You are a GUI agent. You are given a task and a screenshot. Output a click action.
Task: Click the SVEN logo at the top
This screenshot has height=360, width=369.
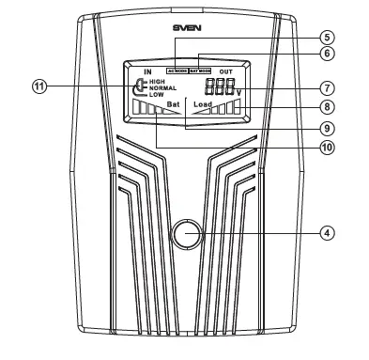click(x=187, y=28)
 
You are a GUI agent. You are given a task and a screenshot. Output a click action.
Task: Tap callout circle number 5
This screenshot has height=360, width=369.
click(x=327, y=38)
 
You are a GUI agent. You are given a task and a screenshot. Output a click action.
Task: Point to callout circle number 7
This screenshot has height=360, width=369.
click(x=327, y=87)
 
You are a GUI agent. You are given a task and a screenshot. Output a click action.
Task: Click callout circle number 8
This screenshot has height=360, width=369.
click(x=327, y=107)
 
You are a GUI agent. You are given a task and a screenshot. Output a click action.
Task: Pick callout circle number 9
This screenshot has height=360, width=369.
click(x=327, y=128)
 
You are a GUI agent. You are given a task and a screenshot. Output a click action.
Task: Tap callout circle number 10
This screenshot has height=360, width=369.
click(x=327, y=147)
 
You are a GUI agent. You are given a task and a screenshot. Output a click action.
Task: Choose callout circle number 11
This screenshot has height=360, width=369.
click(x=38, y=86)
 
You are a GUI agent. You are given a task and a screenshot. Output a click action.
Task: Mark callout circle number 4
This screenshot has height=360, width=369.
click(x=327, y=231)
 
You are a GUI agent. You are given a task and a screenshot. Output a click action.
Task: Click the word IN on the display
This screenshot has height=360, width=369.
click(x=147, y=70)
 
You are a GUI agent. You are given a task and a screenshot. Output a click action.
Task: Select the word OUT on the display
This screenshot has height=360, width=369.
click(x=226, y=70)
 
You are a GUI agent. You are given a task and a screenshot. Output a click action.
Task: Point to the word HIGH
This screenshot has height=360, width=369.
click(x=156, y=82)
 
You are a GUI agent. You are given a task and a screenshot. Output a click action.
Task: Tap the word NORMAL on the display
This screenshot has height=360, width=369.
click(x=161, y=88)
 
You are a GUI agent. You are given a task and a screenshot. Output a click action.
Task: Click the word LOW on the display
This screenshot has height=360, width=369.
click(x=155, y=95)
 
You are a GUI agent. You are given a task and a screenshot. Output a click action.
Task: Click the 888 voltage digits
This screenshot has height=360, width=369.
click(x=218, y=86)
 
